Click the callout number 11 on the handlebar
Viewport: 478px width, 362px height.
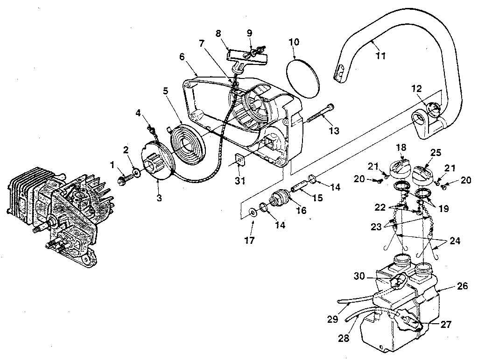pos(380,56)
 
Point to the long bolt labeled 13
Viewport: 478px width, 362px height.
pos(321,114)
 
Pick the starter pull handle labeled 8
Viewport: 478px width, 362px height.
pos(247,56)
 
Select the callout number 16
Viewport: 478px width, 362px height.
pos(301,211)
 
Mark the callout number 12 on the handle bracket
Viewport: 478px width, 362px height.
pos(416,88)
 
